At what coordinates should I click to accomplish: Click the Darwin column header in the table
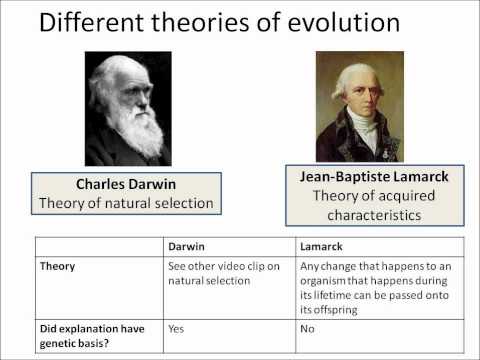coord(187,245)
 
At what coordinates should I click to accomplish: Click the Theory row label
coord(58,267)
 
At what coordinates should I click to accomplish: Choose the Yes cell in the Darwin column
coord(177,326)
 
